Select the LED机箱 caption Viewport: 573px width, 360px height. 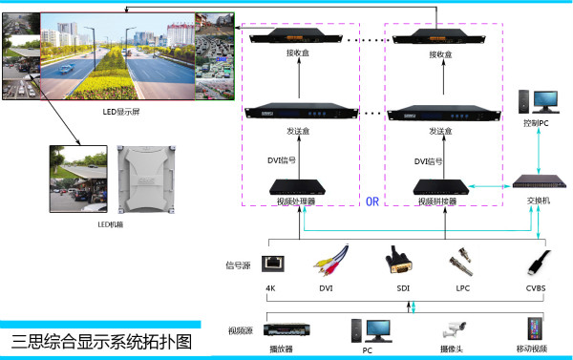pos(111,225)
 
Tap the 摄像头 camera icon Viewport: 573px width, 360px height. pos(452,329)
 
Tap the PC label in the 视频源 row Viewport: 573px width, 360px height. pos(366,350)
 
